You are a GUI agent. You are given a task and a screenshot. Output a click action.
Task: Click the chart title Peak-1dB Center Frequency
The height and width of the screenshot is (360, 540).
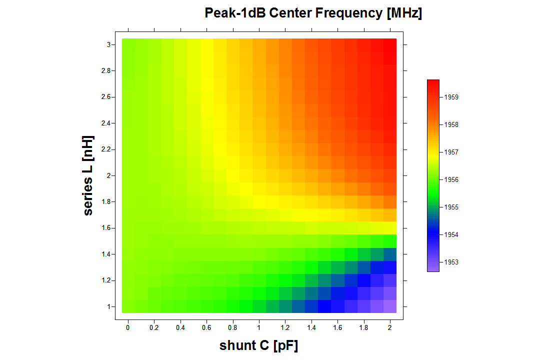[313, 13]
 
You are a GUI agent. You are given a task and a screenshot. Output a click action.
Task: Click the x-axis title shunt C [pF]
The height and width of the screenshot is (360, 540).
[258, 345]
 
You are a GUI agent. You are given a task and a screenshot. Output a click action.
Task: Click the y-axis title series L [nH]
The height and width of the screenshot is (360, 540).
[89, 175]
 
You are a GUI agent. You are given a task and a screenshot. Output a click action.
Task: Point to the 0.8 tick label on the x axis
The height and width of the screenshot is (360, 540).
[232, 327]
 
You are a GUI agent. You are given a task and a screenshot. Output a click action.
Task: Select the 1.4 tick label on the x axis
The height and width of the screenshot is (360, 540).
[310, 327]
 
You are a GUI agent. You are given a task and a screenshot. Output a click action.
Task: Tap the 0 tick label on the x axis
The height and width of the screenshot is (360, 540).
[128, 327]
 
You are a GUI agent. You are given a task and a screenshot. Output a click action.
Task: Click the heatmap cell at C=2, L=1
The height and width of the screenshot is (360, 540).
[390, 306]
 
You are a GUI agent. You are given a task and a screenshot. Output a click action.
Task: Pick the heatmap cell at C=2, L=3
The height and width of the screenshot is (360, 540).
[390, 45]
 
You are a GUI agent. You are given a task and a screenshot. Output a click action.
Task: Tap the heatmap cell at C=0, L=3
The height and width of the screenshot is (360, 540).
[128, 45]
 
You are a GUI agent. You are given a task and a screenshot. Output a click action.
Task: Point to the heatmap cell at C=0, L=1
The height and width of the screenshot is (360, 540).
[128, 306]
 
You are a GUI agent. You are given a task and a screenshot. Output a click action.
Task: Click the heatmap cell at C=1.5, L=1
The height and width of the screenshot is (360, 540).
[324, 306]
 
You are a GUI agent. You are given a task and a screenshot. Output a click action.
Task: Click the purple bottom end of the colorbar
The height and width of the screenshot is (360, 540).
[433, 269]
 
